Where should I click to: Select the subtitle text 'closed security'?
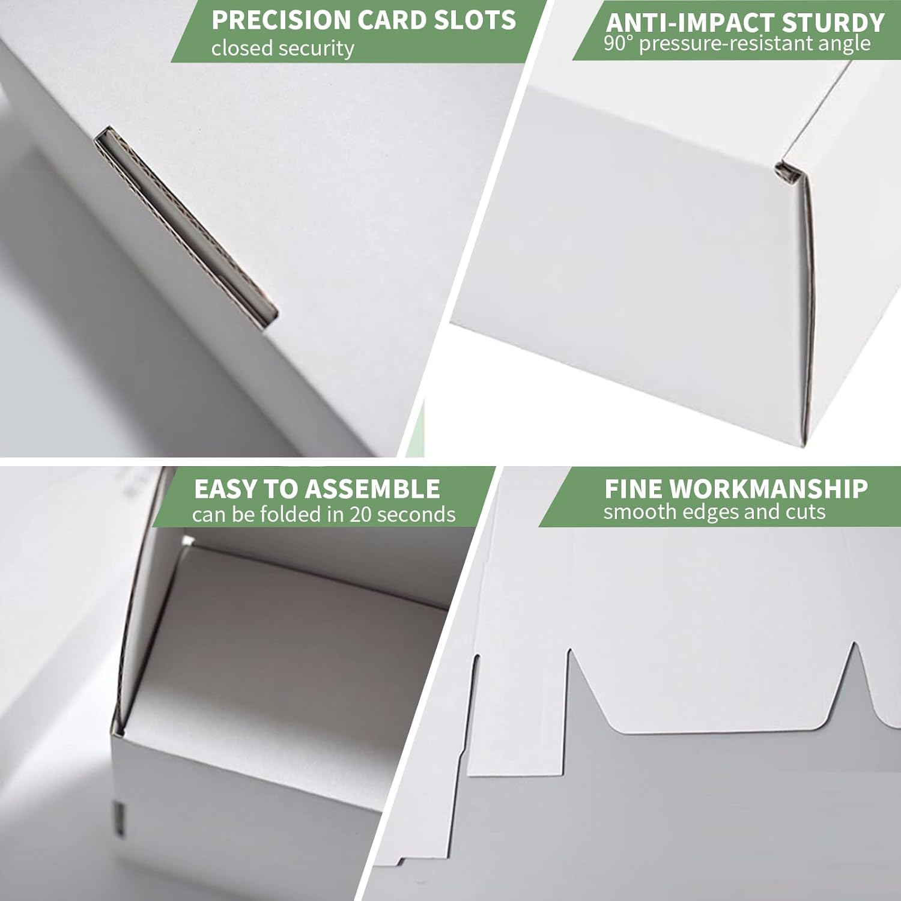pyautogui.click(x=282, y=48)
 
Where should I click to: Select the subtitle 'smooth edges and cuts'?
pyautogui.click(x=714, y=512)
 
